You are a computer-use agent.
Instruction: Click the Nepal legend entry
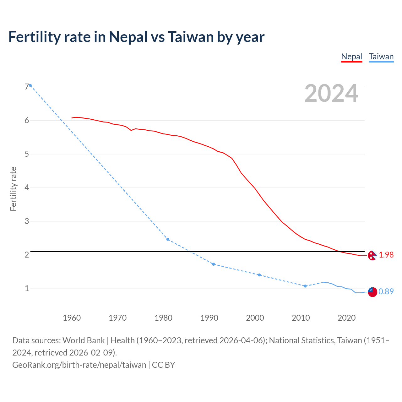351,57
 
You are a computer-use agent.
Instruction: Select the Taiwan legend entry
381,57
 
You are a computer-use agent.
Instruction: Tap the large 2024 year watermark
331,93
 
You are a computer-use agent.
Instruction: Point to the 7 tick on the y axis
27,87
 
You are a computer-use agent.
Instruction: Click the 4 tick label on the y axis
27,187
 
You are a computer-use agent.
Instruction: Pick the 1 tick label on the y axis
27,288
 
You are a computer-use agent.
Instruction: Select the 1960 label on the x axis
72,318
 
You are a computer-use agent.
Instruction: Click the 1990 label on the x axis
209,318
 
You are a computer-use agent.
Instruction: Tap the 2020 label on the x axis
346,318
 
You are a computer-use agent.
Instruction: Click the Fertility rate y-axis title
13,189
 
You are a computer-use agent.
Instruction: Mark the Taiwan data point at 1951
30,85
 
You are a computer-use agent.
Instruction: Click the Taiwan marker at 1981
168,239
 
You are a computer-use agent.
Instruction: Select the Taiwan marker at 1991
214,264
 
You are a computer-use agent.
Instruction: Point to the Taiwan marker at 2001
259,275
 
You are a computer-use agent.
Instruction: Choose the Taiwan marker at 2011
305,286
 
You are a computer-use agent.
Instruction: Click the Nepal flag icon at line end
372,256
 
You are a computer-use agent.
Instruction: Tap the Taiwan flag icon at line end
372,292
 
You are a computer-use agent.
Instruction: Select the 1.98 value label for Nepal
386,255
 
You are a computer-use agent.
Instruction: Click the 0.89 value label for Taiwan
386,292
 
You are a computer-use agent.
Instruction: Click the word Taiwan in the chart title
191,37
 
